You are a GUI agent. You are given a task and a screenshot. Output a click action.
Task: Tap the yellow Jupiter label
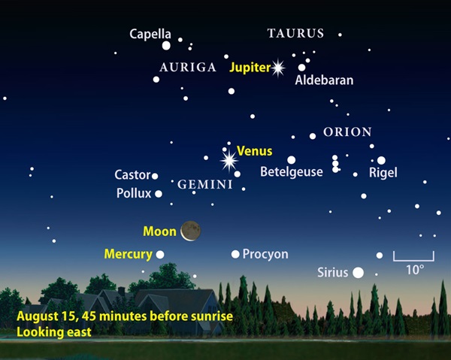250,68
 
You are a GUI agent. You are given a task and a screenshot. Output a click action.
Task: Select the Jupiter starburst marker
278,68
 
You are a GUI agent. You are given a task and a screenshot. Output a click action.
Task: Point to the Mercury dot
160,254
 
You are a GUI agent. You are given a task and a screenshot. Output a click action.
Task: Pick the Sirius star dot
358,272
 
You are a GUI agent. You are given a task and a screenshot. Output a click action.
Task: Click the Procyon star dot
235,254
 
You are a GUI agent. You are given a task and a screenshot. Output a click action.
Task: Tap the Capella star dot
166,46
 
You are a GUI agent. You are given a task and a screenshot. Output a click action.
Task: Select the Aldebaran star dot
301,68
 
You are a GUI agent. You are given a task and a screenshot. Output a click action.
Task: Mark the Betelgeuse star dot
291,159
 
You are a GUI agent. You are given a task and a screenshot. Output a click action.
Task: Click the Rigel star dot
381,160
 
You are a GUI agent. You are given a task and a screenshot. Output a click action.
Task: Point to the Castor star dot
155,176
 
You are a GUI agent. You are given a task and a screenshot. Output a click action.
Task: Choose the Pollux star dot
158,193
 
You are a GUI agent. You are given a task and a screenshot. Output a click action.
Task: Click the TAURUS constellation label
295,34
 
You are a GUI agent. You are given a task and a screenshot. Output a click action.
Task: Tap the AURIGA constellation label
188,68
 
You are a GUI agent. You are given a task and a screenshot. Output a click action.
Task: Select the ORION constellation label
347,132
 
